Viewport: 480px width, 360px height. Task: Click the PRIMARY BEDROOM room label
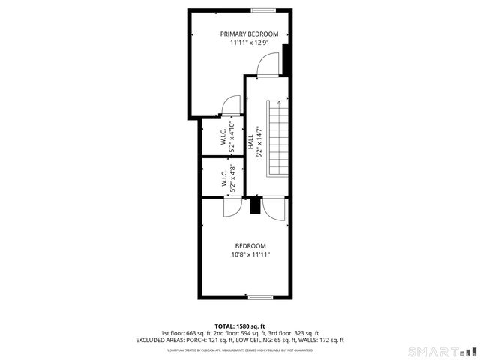[x=249, y=34]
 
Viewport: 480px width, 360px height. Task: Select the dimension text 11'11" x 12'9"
[x=249, y=43]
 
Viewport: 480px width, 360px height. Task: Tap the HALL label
[x=250, y=139]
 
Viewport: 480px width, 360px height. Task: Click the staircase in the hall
[x=278, y=139]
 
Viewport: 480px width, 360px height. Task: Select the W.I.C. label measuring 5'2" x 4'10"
[x=223, y=137]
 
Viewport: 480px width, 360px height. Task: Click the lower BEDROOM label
[x=250, y=246]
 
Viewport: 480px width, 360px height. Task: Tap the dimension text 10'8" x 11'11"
[x=250, y=255]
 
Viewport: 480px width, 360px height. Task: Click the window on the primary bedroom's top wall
[x=262, y=10]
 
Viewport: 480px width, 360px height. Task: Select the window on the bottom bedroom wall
[x=260, y=298]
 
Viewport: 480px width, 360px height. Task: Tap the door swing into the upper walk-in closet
[x=232, y=105]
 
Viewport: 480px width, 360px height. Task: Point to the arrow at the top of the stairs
[x=278, y=100]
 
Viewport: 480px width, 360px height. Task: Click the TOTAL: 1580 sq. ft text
[x=240, y=325]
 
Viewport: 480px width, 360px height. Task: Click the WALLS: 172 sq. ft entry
[x=322, y=340]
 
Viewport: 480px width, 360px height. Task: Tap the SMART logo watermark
[x=440, y=350]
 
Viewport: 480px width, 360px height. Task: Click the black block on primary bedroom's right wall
[x=286, y=60]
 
